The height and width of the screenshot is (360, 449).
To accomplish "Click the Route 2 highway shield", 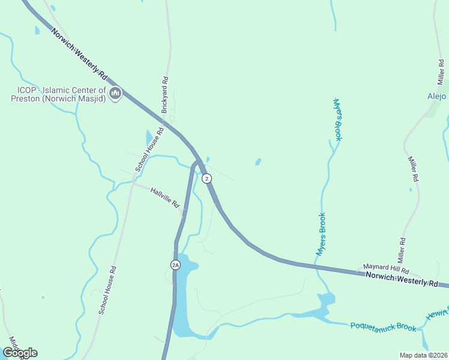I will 206,178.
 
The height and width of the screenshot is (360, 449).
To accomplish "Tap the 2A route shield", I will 175,264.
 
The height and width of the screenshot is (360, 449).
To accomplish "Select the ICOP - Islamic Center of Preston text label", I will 58,94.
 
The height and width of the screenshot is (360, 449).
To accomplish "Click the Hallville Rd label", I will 165,197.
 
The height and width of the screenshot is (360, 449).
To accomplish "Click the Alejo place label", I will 436,95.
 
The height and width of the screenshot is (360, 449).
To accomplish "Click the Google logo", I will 20,352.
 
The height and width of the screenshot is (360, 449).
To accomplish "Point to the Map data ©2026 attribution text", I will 423,355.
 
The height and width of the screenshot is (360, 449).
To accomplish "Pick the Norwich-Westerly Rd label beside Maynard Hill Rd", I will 402,279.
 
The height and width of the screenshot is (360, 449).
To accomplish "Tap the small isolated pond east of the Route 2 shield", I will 258,162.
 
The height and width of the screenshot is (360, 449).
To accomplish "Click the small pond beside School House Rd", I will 149,137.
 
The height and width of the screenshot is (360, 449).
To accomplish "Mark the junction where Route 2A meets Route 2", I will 198,162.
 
